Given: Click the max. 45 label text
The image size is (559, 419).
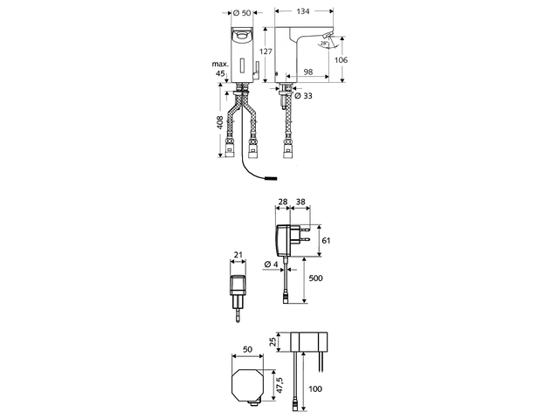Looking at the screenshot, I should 220,69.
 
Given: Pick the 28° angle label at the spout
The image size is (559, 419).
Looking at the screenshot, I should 323,43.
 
